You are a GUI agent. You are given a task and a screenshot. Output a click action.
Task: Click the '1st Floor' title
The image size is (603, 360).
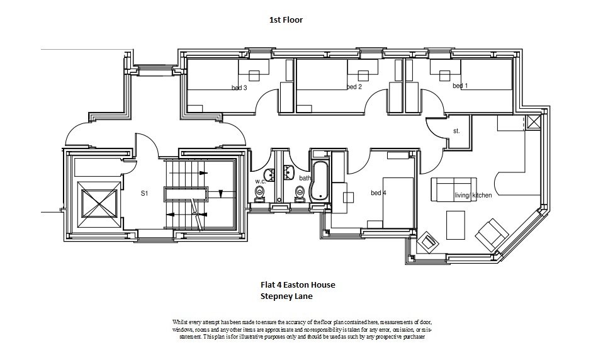pyautogui.click(x=286, y=20)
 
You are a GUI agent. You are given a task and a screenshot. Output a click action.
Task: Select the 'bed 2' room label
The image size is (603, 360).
pyautogui.click(x=354, y=87)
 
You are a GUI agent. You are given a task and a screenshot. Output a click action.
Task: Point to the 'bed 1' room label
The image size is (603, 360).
pyautogui.click(x=460, y=86)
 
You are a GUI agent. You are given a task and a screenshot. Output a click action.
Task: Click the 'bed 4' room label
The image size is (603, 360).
pyautogui.click(x=378, y=193)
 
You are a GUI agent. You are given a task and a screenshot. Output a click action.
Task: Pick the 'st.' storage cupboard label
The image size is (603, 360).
pyautogui.click(x=456, y=132)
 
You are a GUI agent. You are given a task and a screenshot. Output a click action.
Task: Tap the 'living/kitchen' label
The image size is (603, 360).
pyautogui.click(x=473, y=196)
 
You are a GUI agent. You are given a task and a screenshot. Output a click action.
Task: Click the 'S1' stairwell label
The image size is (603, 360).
pyautogui.click(x=144, y=194)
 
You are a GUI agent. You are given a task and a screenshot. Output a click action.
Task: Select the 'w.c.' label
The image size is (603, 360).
pyautogui.click(x=260, y=181)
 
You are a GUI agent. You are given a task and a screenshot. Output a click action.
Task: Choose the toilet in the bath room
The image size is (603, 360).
pyautogui.click(x=300, y=196)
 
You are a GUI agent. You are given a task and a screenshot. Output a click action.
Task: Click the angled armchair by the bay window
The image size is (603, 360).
pyautogui.click(x=491, y=234)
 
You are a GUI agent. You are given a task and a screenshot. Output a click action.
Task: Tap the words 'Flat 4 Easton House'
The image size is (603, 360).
pyautogui.click(x=298, y=284)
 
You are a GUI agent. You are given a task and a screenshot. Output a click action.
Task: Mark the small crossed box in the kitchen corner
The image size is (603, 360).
pyautogui.click(x=534, y=123)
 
